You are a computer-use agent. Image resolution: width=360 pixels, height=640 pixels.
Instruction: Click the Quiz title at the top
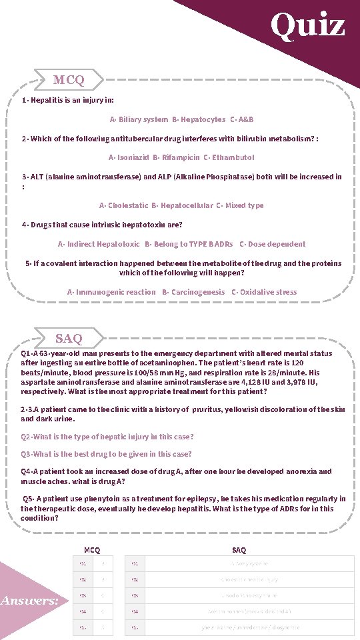point(307,25)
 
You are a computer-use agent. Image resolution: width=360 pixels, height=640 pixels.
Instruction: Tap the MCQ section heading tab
point(69,80)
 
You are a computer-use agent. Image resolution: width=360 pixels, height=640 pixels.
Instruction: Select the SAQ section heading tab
point(69,339)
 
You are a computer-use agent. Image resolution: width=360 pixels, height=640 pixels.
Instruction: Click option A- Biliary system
point(139,119)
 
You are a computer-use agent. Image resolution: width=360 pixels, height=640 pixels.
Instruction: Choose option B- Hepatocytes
point(199,119)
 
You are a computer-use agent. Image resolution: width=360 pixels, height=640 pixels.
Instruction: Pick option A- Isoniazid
point(129,157)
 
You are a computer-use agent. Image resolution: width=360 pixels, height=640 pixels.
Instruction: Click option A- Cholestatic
point(123,205)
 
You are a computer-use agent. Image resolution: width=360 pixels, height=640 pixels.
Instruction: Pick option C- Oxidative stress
point(264,292)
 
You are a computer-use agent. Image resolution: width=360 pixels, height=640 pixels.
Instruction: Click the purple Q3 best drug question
point(106,454)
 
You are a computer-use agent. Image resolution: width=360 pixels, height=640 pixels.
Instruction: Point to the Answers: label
point(29,601)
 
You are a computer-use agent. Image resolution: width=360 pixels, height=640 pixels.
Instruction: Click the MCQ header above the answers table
point(92,550)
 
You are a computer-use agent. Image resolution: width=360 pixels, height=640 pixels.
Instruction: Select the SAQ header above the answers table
point(239,550)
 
